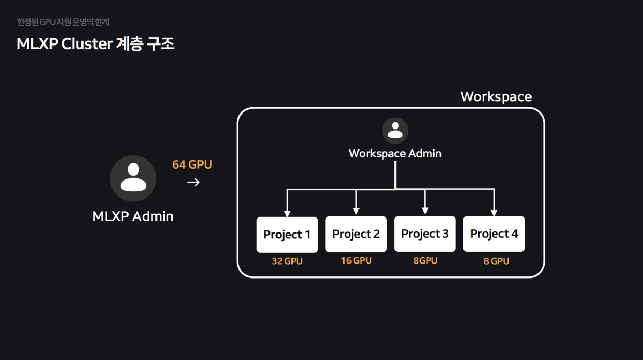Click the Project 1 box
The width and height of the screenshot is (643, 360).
pos(287,235)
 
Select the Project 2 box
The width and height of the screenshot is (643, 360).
pos(356,234)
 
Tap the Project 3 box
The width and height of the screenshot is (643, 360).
pos(425,234)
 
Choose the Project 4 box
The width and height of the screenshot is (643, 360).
pos(494,234)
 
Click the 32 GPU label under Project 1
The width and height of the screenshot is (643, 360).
pos(287,261)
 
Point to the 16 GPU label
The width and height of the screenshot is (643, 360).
pos(356,261)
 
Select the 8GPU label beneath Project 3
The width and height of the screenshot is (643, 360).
pos(425,261)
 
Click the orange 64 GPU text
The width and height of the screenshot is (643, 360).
pos(192,164)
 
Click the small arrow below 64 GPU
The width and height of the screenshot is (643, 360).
pos(193,183)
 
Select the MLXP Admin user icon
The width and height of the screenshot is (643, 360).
pos(133,178)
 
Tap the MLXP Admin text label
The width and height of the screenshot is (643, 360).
pos(133,216)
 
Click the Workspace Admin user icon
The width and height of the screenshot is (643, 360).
pos(395,131)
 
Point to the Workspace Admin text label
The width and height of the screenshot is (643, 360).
pos(395,154)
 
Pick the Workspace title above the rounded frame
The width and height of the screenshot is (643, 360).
pos(496,96)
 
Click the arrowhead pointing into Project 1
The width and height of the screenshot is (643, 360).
pos(287,212)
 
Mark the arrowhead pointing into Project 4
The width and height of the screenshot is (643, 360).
pos(494,211)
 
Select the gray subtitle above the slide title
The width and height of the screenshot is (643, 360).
pos(63,22)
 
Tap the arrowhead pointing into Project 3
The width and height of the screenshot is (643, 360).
pos(425,211)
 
